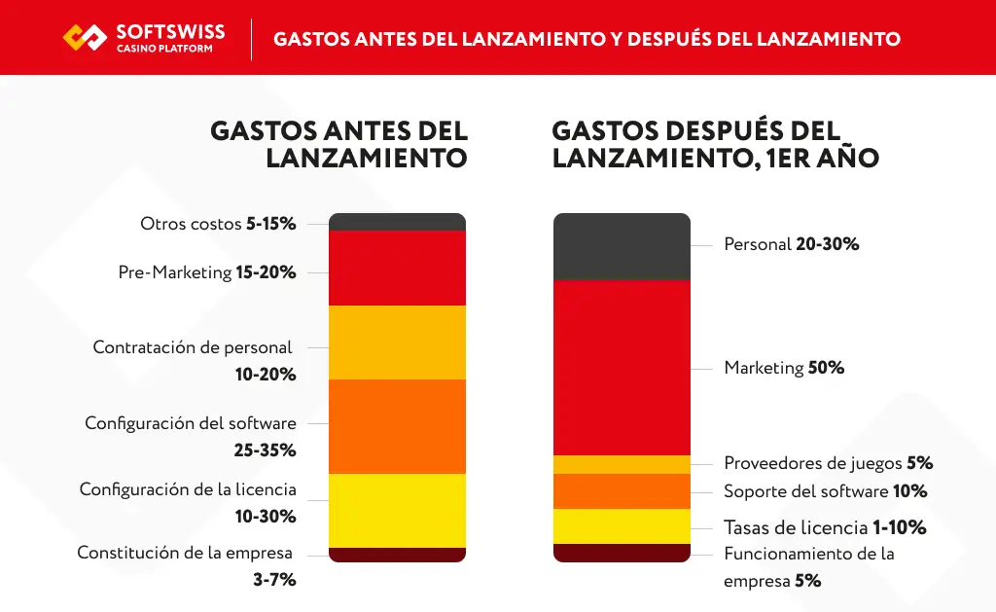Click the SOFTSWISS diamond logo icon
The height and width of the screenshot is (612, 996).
tap(85, 38)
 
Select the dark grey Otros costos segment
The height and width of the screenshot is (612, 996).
tap(397, 222)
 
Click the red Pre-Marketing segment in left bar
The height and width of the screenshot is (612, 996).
tap(397, 269)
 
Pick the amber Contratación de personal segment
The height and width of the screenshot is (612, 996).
tap(397, 342)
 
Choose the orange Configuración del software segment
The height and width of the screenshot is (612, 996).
tap(397, 426)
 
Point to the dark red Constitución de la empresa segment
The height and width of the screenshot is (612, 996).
tap(397, 555)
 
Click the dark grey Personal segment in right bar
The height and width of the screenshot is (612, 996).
tap(622, 247)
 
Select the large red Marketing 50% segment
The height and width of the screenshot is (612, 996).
tap(622, 368)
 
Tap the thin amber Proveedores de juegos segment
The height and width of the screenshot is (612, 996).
tap(622, 464)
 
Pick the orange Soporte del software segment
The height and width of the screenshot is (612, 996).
tap(622, 491)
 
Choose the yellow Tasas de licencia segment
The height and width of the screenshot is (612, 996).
tap(622, 526)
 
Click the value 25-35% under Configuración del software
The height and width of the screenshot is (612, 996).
tap(265, 450)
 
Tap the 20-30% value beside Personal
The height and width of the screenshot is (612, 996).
tap(827, 244)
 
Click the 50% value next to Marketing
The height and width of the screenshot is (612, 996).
tap(826, 368)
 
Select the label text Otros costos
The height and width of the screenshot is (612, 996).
tap(191, 224)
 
